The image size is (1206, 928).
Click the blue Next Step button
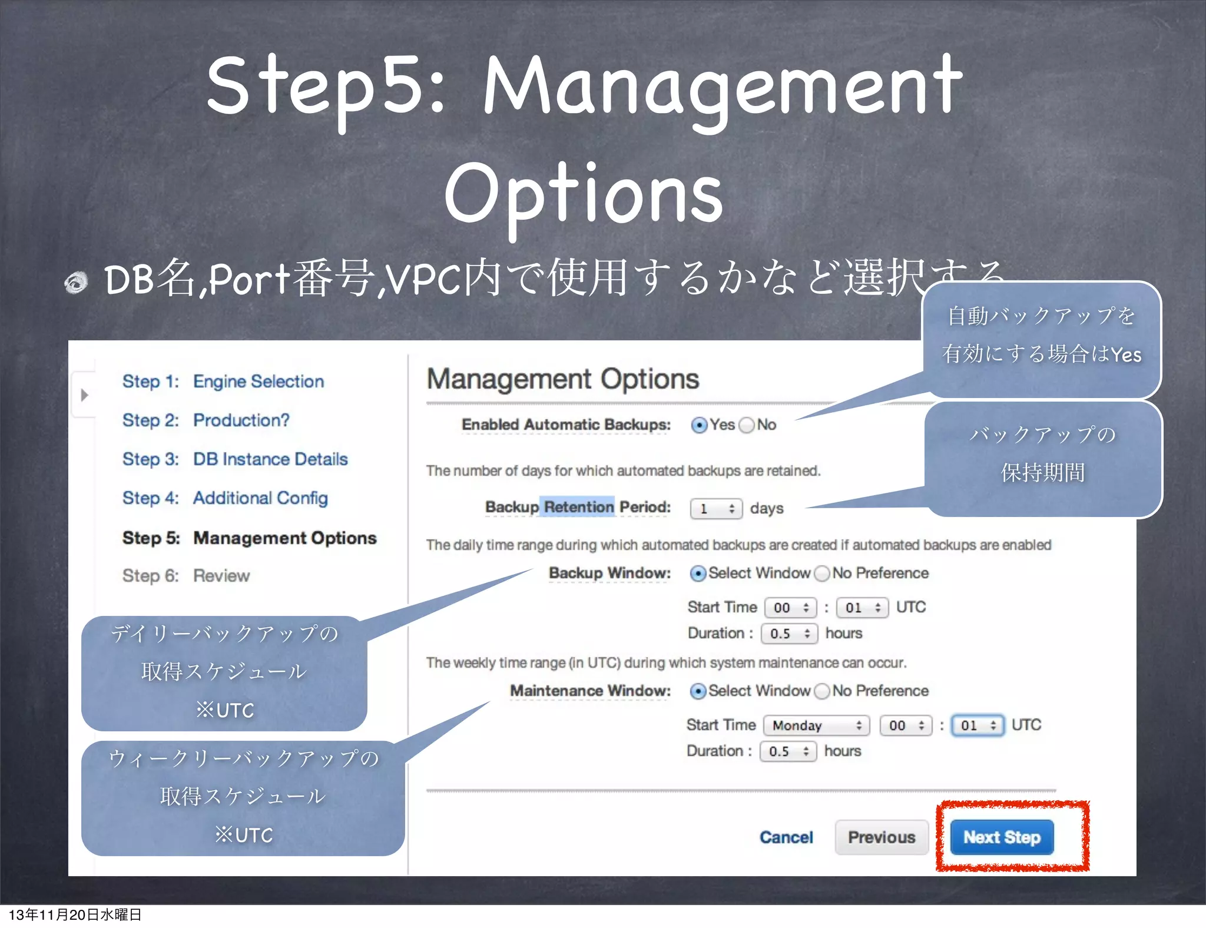(1001, 837)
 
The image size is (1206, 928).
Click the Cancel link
(786, 837)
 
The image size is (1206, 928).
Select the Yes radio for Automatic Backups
(699, 425)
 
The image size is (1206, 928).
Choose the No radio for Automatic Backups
(746, 425)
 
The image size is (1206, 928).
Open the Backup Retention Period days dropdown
(715, 509)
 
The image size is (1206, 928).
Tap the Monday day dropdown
(816, 725)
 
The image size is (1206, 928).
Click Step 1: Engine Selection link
(223, 382)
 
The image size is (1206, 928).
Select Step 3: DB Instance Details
(235, 459)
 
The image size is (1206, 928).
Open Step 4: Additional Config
(225, 498)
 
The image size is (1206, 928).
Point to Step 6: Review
(186, 576)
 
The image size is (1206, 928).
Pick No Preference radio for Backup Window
(822, 574)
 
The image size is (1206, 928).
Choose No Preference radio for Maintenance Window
(822, 691)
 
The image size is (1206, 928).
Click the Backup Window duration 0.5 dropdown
(789, 634)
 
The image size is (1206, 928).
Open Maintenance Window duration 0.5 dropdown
(788, 751)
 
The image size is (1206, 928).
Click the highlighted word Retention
(578, 507)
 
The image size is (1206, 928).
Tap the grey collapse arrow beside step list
(84, 395)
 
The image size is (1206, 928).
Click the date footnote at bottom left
(75, 914)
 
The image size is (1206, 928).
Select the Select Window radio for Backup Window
(698, 574)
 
